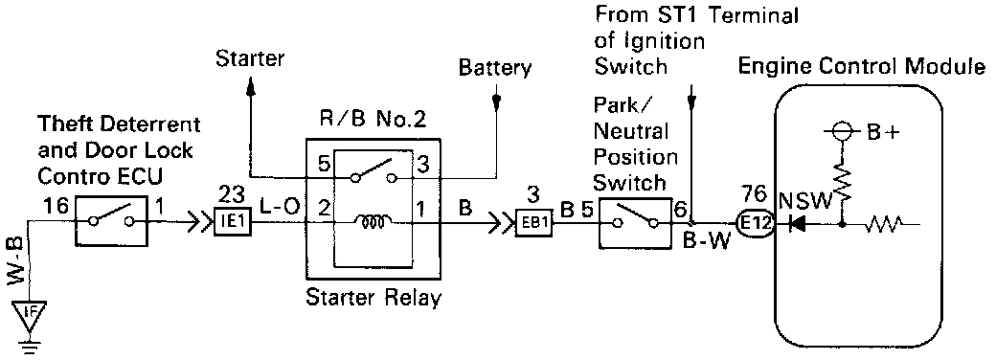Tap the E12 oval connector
tap(755, 223)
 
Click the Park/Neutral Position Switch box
tap(635, 222)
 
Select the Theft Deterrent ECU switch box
tap(112, 221)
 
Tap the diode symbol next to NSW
tap(796, 223)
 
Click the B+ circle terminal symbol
tap(841, 134)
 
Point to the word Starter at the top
tap(250, 59)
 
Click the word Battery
tap(495, 67)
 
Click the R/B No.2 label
tap(373, 121)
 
